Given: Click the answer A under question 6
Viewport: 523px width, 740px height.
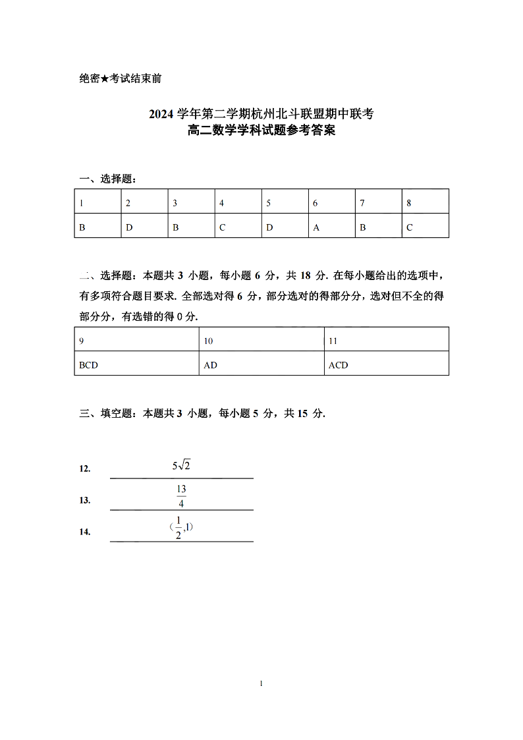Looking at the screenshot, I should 316,228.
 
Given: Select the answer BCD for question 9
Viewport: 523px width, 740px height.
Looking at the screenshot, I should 88,365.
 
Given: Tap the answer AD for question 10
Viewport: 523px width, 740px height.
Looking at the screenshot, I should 211,365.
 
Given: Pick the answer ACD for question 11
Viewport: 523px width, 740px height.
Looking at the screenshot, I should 338,365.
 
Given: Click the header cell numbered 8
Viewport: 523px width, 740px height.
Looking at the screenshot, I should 409,204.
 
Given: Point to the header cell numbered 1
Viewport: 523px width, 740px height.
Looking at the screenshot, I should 82,204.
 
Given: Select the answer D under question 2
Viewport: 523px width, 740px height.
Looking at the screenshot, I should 129,228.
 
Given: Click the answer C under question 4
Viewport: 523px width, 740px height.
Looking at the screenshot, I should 223,228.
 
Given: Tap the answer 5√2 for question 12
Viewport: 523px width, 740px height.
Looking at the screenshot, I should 181,466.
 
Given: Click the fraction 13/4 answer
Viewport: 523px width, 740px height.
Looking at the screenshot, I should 181,496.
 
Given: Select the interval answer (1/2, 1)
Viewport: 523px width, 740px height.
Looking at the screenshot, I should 181,527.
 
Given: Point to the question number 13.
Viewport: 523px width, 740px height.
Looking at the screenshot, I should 85,500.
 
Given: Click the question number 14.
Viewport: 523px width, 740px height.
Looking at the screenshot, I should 85,532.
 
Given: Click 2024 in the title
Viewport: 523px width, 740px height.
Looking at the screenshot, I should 161,115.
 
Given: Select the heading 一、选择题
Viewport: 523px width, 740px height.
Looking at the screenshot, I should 108,179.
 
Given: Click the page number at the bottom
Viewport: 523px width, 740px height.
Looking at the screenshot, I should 261,684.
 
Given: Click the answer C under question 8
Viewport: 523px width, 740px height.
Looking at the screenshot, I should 410,228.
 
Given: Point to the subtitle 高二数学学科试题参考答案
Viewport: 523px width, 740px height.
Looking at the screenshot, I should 261,131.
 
